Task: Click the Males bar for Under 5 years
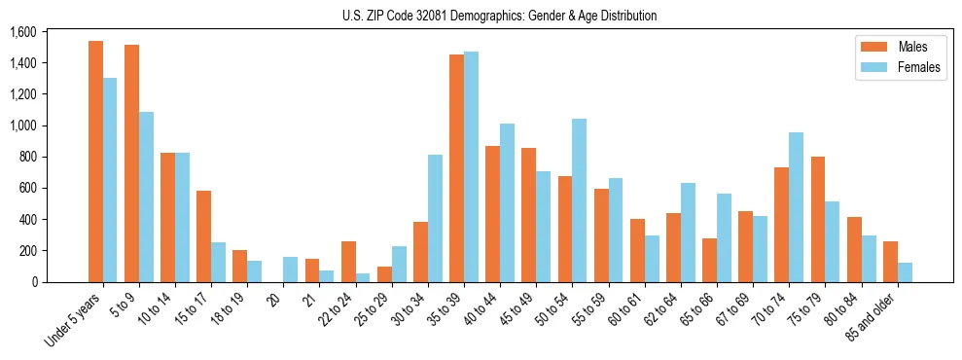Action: [95, 162]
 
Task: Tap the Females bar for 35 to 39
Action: [471, 166]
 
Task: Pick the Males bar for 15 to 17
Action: [204, 236]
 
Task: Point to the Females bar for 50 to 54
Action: [580, 200]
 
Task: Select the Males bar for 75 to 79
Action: [818, 219]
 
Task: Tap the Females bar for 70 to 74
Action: [797, 207]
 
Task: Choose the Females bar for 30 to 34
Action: [435, 218]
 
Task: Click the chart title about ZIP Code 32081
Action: [499, 16]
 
